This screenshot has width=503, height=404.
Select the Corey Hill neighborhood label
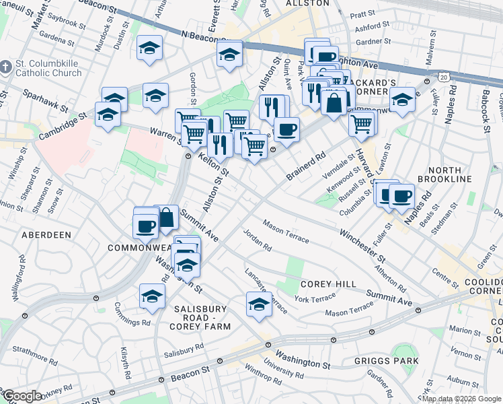click(328, 284)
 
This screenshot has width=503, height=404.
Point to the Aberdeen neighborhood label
click(46, 235)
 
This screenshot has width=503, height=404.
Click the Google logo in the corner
click(22, 396)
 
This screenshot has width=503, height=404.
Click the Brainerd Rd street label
click(306, 165)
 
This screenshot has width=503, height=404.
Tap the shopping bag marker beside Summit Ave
click(166, 217)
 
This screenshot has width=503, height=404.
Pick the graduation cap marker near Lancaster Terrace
click(259, 304)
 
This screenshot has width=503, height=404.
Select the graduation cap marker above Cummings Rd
click(153, 296)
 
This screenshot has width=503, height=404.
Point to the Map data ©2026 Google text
click(461, 399)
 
